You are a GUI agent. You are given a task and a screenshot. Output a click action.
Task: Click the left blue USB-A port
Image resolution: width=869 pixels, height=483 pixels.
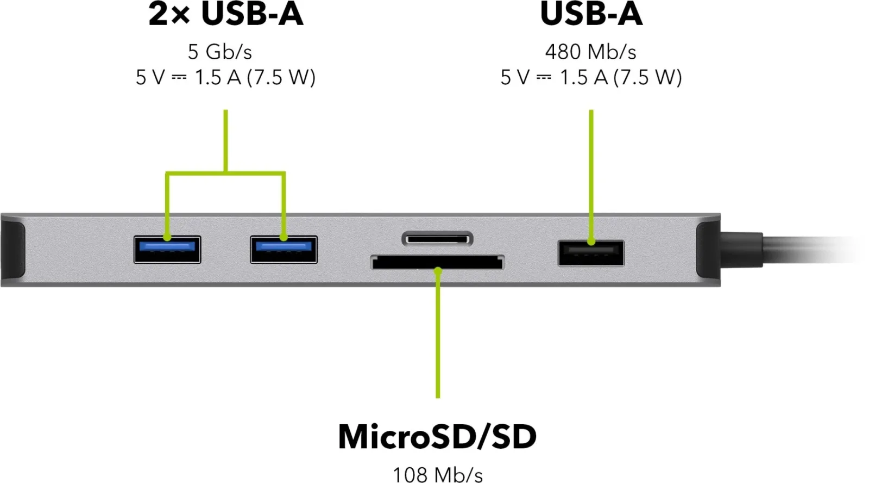(167, 250)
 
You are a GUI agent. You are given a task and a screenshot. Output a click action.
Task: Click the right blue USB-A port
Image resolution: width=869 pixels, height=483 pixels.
(284, 250)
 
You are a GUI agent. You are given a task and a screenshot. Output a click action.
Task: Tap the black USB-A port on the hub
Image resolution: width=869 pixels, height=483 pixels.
(591, 253)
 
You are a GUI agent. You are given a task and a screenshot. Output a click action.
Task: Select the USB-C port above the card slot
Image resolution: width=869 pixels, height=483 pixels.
(437, 239)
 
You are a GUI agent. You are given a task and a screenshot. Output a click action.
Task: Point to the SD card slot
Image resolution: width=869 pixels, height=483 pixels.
(437, 263)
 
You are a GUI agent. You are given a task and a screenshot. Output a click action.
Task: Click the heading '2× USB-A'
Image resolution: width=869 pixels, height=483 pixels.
(226, 14)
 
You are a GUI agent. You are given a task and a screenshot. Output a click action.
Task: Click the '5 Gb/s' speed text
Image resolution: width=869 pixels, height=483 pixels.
(220, 52)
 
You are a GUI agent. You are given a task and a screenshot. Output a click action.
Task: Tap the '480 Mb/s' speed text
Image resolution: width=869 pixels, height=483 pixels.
(590, 52)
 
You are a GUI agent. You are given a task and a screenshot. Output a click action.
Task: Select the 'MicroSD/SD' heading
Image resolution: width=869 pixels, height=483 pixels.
(437, 437)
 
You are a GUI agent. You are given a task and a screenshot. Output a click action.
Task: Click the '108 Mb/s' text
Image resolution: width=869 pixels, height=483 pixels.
(438, 475)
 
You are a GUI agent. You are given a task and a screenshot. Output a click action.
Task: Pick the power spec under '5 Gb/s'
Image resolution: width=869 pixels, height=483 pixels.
(225, 77)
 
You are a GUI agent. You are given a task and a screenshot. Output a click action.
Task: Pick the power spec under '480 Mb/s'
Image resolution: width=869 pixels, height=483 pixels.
(591, 77)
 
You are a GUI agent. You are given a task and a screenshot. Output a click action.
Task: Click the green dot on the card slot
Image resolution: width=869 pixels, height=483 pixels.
(438, 270)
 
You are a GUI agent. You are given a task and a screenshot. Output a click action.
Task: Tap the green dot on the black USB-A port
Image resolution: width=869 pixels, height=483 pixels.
(591, 242)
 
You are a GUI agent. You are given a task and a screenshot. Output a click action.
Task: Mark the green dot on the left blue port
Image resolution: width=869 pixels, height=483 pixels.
(167, 237)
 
